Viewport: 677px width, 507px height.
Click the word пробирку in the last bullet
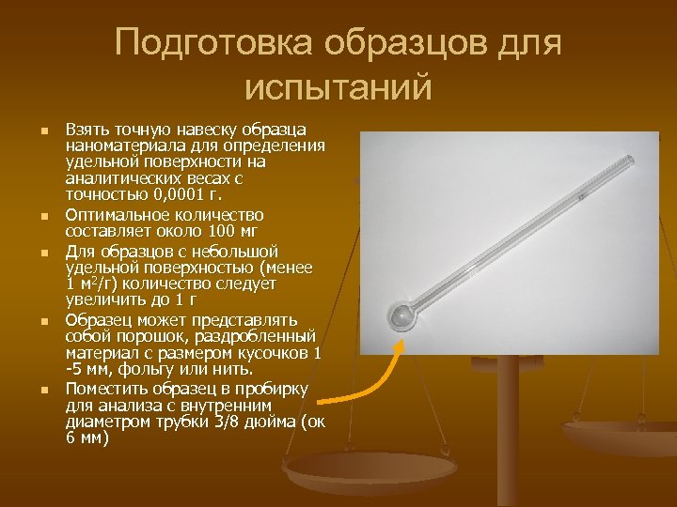[x=276, y=388]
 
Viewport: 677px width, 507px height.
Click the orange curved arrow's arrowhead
[x=401, y=345]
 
